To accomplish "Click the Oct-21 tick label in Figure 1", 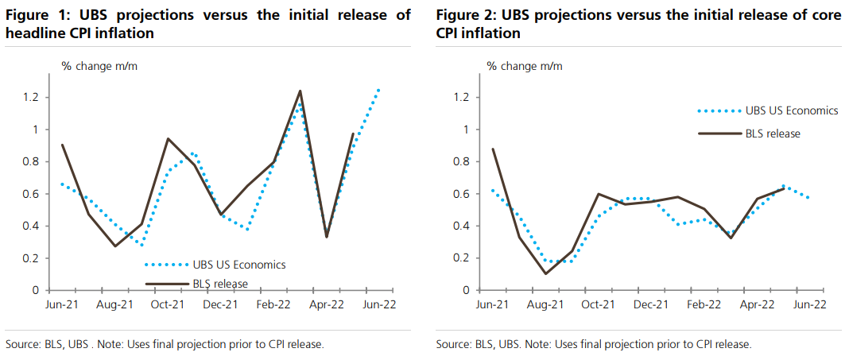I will [x=168, y=304].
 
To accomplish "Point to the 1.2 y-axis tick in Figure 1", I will [x=31, y=97].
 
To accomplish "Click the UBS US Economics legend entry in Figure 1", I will [x=214, y=265].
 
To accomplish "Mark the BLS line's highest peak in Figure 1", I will [x=300, y=91].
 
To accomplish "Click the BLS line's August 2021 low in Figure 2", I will [x=545, y=273].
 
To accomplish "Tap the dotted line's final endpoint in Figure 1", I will [x=378, y=89].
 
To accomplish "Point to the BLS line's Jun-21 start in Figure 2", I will [x=494, y=149].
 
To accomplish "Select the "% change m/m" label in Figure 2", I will [x=525, y=66].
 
